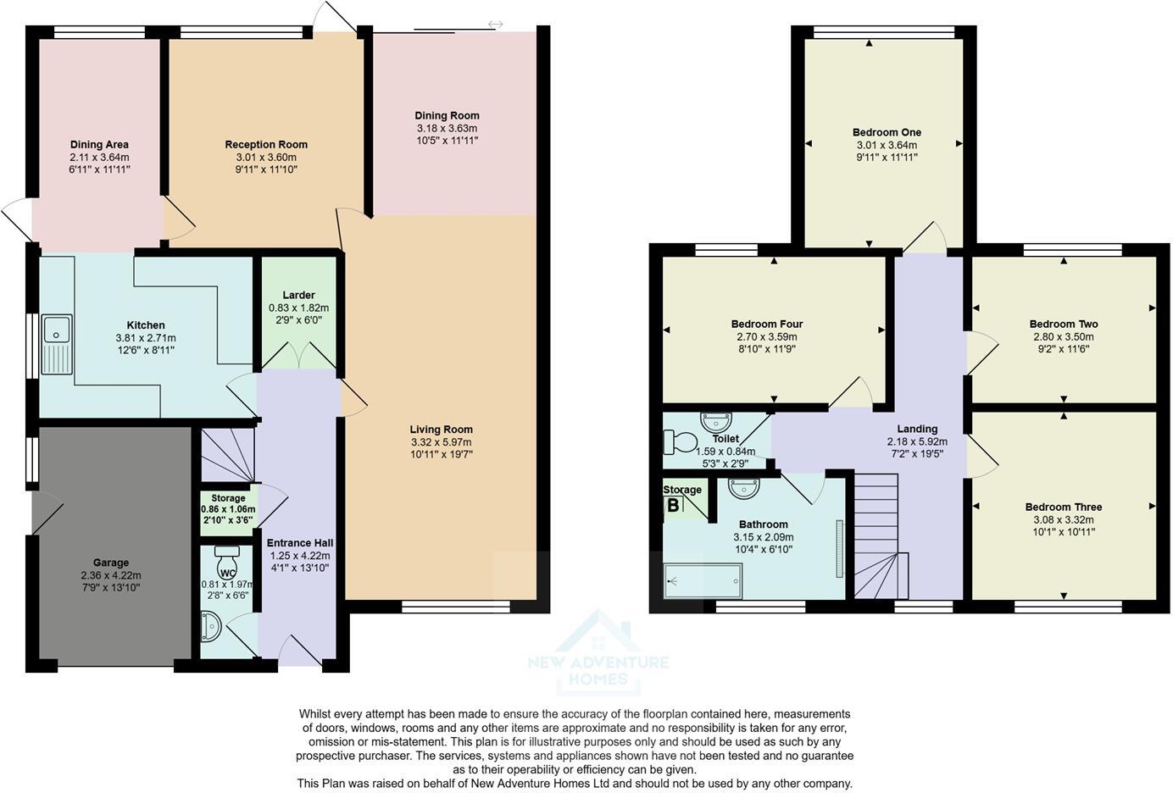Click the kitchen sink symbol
(x=58, y=346)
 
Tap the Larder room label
(x=298, y=295)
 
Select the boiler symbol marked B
(x=674, y=506)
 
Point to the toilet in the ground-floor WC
(x=227, y=560)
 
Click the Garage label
(x=111, y=563)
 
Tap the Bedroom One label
(x=887, y=132)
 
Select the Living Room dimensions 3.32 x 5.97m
(x=441, y=442)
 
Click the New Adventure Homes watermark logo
(x=598, y=652)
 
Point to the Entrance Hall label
(x=300, y=543)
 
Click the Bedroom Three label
(x=1063, y=507)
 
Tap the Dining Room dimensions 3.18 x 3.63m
(x=447, y=128)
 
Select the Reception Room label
(x=266, y=145)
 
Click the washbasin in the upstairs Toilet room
(x=716, y=421)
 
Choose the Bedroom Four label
(x=767, y=324)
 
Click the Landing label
(x=917, y=429)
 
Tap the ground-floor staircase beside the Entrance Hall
(x=227, y=456)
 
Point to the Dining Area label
(x=99, y=145)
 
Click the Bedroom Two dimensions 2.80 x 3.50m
(x=1063, y=336)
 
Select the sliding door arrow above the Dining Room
(x=495, y=25)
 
